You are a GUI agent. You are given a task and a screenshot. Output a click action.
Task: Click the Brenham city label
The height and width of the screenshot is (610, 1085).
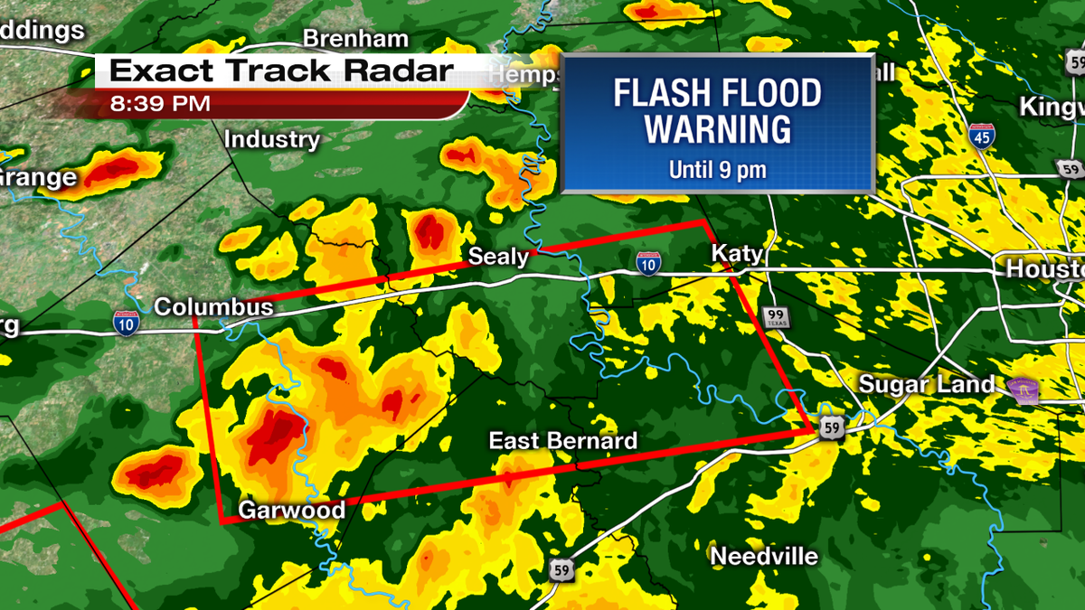click(x=355, y=39)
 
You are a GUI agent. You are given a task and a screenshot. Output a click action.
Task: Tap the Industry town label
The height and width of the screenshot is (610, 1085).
click(x=271, y=140)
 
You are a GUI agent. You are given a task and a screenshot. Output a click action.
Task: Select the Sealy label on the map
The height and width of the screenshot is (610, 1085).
click(x=498, y=257)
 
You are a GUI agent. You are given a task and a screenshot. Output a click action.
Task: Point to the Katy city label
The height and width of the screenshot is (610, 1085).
click(x=737, y=253)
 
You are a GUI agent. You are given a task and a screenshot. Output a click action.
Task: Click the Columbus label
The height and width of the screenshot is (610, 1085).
click(x=213, y=307)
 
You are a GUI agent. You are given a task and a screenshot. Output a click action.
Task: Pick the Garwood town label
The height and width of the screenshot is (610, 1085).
click(x=291, y=511)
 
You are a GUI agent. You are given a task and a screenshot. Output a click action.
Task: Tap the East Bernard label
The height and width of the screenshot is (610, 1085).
click(x=562, y=441)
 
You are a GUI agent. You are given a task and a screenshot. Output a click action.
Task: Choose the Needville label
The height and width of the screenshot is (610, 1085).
click(x=764, y=556)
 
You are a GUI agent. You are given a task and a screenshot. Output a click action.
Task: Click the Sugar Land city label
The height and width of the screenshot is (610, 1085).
click(x=926, y=384)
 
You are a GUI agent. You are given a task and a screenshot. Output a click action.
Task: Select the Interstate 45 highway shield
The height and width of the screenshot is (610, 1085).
click(x=980, y=136)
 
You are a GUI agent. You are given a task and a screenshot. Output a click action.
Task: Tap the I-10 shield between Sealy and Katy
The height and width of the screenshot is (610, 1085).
click(x=646, y=263)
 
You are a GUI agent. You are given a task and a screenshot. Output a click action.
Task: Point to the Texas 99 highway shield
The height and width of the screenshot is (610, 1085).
click(x=775, y=316)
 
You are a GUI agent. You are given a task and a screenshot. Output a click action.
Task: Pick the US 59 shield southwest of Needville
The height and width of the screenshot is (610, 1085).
click(x=560, y=569)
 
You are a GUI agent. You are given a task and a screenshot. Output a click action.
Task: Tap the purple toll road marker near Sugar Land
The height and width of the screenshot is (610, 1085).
click(x=1026, y=389)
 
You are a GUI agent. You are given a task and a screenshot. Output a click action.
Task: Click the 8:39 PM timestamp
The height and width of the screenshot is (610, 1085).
click(x=160, y=104)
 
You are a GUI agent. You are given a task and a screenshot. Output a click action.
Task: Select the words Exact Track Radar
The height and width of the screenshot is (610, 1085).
click(x=280, y=70)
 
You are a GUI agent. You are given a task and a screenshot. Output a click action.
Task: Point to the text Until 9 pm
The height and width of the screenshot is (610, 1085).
click(x=718, y=169)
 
